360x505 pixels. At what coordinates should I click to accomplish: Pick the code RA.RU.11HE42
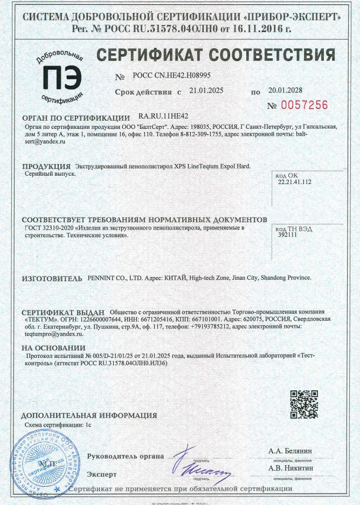(163, 116)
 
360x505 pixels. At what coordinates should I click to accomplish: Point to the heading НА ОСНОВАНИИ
(54, 348)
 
